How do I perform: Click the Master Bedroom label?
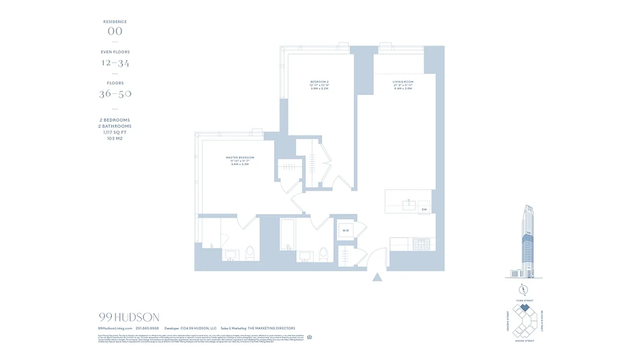(x=240, y=157)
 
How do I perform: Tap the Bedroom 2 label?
(x=320, y=82)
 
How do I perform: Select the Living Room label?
(x=402, y=82)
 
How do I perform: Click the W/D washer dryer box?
(x=346, y=231)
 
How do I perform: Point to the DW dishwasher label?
(x=424, y=210)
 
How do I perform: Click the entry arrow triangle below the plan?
(x=377, y=277)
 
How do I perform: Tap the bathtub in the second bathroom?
(x=287, y=234)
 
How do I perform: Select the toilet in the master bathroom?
(x=250, y=253)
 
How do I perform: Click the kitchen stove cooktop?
(x=421, y=244)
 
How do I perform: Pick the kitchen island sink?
(x=409, y=205)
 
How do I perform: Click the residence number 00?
(x=115, y=31)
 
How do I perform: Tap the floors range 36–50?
(x=115, y=94)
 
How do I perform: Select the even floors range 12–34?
(x=115, y=63)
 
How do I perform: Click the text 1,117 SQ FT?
(x=115, y=132)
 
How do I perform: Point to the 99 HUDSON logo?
(x=129, y=317)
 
